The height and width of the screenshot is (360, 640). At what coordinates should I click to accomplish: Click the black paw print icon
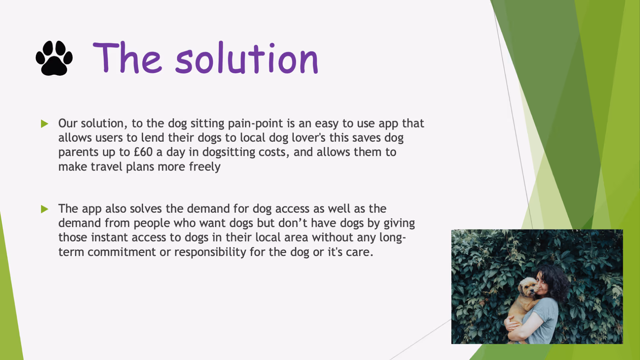(54, 58)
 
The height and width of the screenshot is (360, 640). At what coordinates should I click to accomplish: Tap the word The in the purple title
(127, 58)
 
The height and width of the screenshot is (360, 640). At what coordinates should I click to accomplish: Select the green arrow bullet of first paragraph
(45, 124)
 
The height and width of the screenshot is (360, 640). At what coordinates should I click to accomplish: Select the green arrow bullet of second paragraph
(45, 209)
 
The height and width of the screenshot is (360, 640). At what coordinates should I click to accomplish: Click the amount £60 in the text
(143, 152)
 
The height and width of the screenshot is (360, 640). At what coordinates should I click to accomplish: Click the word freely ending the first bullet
(204, 167)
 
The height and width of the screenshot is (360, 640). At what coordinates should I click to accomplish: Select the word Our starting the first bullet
(68, 124)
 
